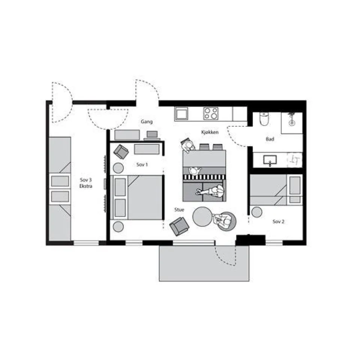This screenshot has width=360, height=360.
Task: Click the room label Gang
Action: (x=147, y=121)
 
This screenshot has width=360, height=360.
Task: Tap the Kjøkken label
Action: (x=210, y=132)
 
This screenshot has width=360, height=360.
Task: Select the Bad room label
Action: (x=270, y=139)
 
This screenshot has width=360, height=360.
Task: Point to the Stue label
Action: (x=179, y=210)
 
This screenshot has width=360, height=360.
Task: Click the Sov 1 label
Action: (x=142, y=165)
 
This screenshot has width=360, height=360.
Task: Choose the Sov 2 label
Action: (x=279, y=222)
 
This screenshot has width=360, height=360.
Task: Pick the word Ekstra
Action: (x=86, y=186)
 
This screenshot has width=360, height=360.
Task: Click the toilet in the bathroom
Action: (x=264, y=119)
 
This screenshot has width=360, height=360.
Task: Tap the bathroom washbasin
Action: (x=270, y=160)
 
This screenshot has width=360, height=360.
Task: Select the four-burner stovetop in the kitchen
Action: (x=211, y=113)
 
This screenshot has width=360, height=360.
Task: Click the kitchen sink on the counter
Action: (x=181, y=113)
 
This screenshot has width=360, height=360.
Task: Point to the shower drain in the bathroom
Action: (x=292, y=123)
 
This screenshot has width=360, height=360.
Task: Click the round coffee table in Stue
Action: (x=202, y=217)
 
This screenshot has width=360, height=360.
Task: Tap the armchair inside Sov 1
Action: (x=121, y=151)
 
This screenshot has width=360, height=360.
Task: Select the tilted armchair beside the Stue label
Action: (x=179, y=226)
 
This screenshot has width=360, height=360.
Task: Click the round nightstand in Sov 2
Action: (x=256, y=212)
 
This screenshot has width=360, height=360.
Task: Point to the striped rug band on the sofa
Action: (x=204, y=177)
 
